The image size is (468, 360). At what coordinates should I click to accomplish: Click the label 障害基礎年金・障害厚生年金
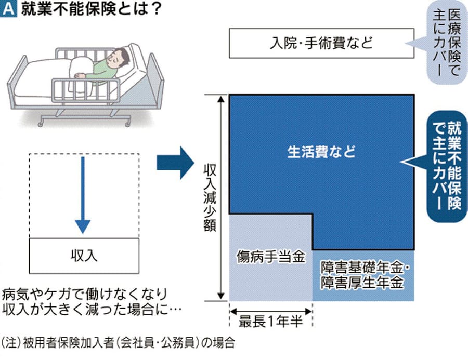click(x=362, y=275)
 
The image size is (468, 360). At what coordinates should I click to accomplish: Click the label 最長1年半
click(x=270, y=323)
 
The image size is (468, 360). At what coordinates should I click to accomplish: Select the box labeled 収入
click(x=84, y=256)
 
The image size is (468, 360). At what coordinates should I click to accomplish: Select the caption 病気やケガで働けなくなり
click(x=84, y=292)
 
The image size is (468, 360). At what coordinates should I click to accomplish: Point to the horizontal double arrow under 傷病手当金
click(x=270, y=311)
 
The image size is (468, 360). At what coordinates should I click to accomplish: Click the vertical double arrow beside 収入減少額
click(x=222, y=197)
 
